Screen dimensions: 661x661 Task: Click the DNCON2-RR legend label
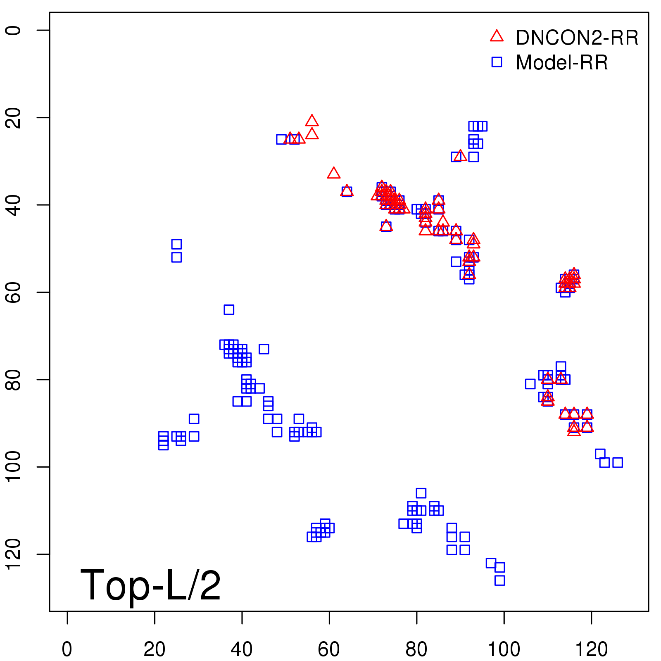point(577,38)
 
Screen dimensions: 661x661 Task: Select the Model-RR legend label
point(562,63)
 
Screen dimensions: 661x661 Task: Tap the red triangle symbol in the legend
point(497,36)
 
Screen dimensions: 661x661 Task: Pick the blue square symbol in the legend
point(497,62)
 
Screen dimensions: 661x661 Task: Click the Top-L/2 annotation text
point(150,585)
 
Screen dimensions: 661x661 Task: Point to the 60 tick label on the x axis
point(329,649)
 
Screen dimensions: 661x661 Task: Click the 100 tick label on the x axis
point(504,649)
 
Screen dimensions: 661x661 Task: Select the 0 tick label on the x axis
point(67,649)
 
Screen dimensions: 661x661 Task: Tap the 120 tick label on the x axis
point(591,649)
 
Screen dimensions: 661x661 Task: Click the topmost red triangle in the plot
point(312,121)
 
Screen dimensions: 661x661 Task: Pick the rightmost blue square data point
point(617,462)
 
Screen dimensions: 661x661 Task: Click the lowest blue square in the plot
point(499,580)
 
